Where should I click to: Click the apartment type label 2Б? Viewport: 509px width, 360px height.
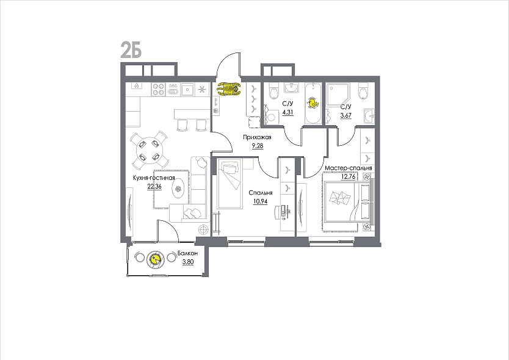point(131,50)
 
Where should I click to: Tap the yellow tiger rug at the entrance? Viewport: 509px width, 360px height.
point(229,89)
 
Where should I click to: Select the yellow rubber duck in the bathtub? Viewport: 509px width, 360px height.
point(312,103)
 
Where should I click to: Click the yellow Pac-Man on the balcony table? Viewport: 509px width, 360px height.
point(156,259)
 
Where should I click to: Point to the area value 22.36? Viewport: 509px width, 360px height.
point(154,186)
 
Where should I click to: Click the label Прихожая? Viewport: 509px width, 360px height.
point(257,137)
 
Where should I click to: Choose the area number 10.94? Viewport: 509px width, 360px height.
point(261,201)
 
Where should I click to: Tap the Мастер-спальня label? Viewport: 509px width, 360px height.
point(348,168)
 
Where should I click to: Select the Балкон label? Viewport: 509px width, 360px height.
point(187,253)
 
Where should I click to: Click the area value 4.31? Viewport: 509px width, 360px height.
point(287,112)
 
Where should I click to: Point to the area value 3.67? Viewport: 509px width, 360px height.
point(345,115)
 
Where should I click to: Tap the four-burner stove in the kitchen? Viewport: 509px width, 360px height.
point(159,89)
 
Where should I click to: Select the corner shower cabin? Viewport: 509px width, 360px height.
point(338,94)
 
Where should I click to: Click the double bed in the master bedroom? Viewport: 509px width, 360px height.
point(348,202)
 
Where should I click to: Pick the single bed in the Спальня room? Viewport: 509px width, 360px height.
point(230,184)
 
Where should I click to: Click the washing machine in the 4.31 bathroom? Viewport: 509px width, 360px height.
point(272,116)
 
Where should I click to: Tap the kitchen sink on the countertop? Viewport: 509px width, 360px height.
point(187,89)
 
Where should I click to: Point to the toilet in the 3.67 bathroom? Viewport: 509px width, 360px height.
point(363,90)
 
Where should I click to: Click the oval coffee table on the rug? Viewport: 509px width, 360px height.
point(179,189)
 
